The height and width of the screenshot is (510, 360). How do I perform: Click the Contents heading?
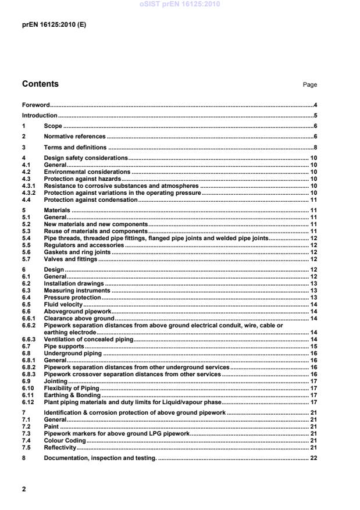(40, 84)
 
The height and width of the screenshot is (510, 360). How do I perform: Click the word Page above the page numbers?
(309, 85)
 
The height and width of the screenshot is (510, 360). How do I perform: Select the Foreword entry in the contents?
(35, 105)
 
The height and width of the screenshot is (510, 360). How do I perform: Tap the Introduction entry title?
(40, 116)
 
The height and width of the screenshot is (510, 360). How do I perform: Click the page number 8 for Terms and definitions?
(315, 147)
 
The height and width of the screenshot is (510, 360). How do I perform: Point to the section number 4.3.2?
(29, 192)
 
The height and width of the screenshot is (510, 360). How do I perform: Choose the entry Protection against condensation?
(91, 199)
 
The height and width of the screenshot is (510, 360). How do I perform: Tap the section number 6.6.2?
(29, 326)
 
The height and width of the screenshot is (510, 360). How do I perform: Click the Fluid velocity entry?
(63, 304)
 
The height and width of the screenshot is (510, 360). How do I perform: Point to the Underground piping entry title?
(73, 353)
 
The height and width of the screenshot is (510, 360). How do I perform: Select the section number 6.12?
(27, 402)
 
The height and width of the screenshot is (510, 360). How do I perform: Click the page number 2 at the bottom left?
(24, 490)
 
